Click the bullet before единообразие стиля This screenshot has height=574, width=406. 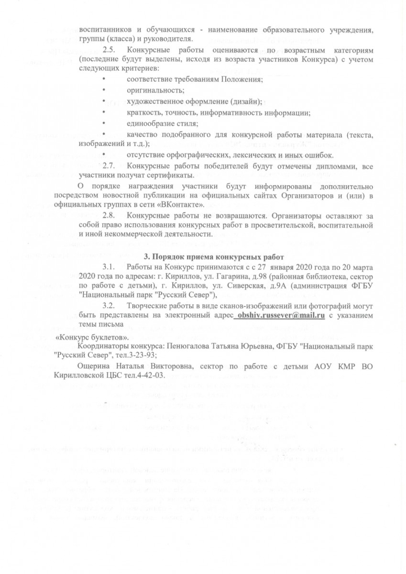tap(103, 124)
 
